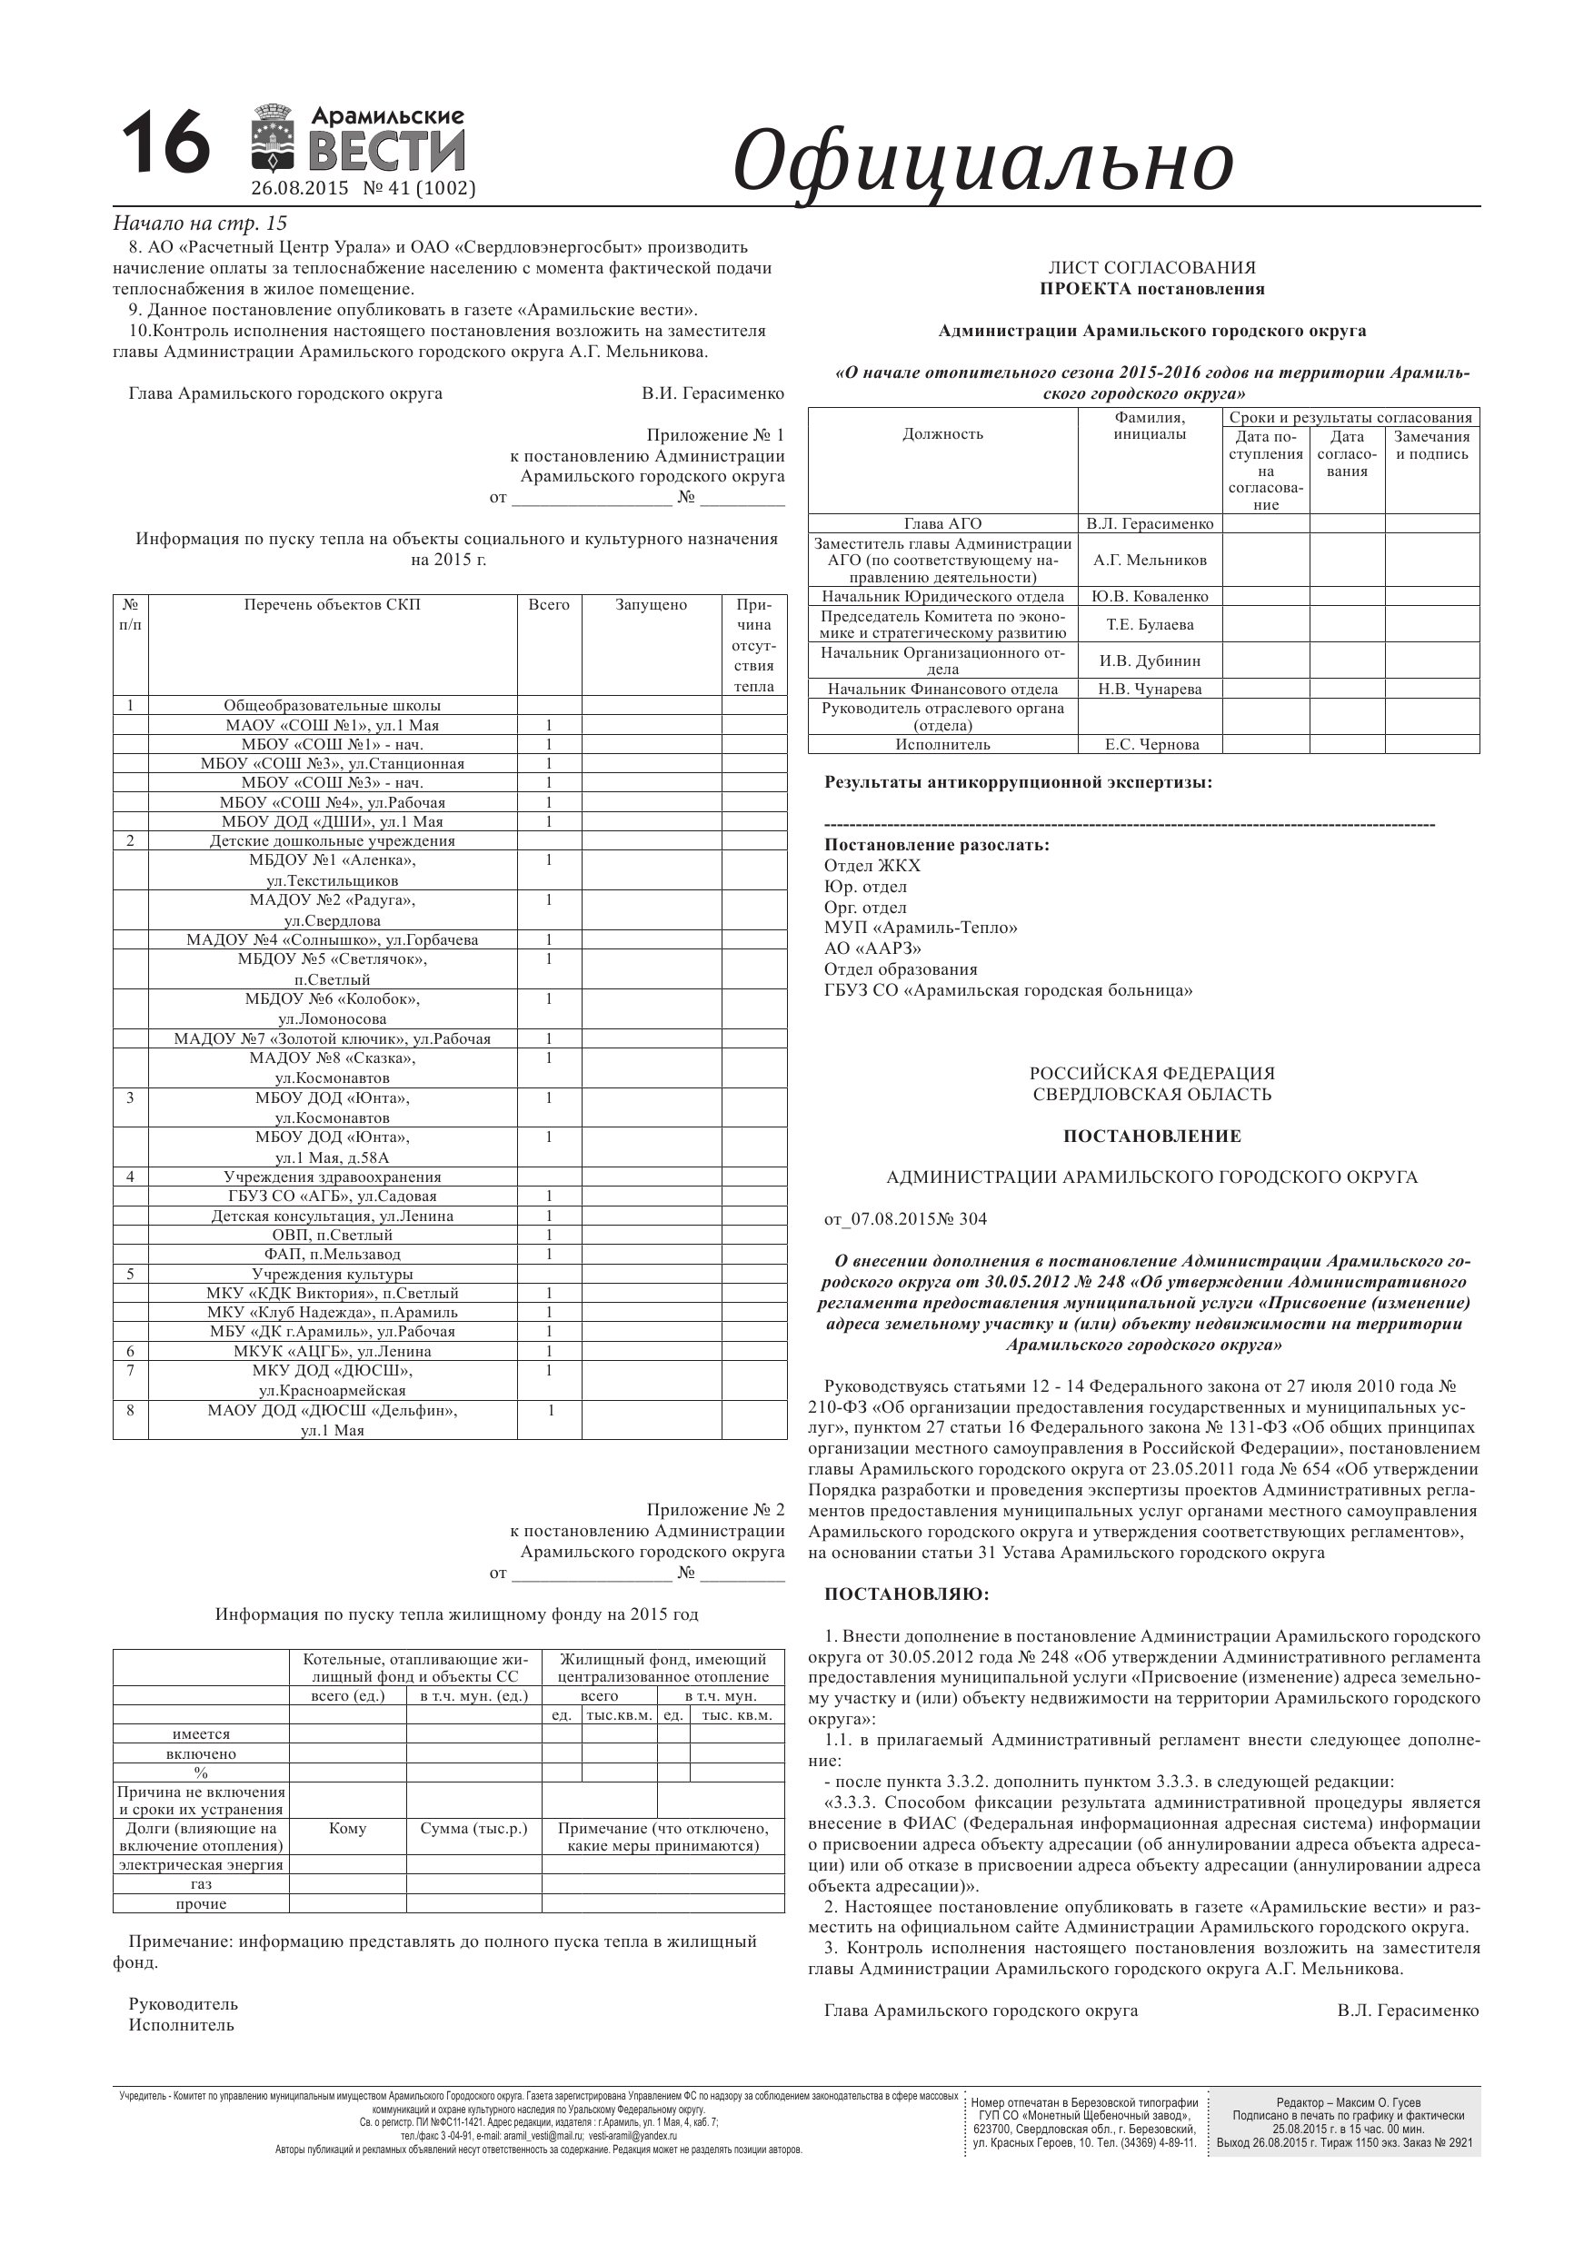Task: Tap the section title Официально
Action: [x=983, y=161]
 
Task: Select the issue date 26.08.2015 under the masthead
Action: [x=300, y=188]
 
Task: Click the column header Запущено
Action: [x=652, y=605]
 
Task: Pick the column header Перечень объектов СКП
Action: [x=332, y=605]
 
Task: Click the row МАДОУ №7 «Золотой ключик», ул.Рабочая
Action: [x=332, y=1038]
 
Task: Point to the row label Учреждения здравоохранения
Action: [x=332, y=1177]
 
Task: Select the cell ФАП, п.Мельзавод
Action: [x=332, y=1255]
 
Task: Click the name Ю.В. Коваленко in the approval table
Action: [x=1151, y=597]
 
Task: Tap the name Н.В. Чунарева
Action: [x=1151, y=690]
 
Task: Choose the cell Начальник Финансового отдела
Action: [x=942, y=690]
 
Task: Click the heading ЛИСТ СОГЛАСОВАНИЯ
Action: [x=1151, y=268]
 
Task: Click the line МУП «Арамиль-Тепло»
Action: [x=922, y=928]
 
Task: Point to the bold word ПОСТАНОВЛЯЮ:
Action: [x=906, y=1594]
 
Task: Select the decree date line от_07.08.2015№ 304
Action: [x=905, y=1219]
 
